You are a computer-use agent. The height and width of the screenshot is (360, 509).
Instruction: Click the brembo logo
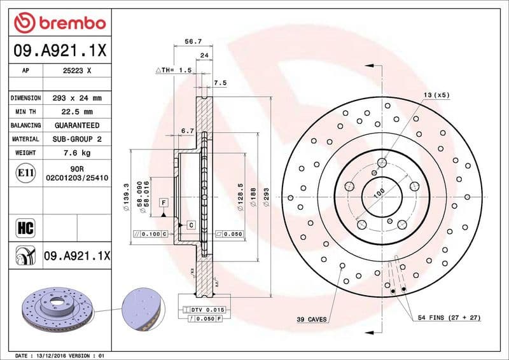pos(59,23)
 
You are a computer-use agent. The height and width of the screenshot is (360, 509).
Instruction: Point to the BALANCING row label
pos(26,126)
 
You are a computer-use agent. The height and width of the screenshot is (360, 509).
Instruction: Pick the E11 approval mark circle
pos(26,172)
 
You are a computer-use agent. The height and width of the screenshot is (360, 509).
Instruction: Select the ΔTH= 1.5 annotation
pos(174,70)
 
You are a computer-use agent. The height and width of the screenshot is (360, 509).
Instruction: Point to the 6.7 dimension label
pos(187,131)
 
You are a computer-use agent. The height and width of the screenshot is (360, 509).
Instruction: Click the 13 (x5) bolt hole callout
pos(436,95)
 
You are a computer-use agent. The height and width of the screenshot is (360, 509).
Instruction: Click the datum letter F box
pos(164,202)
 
